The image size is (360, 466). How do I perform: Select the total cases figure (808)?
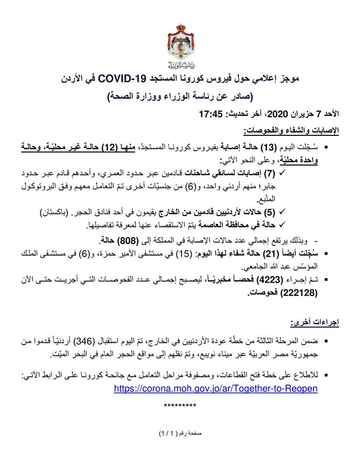(127, 240)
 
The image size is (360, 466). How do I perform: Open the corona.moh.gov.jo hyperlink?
(216, 388)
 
